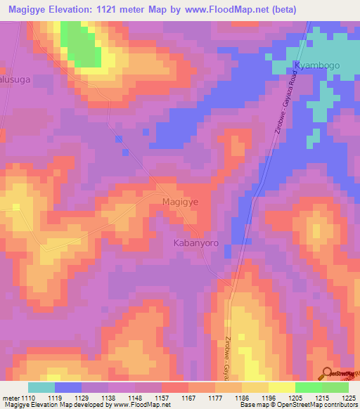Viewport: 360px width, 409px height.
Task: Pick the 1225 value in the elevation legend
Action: (x=348, y=397)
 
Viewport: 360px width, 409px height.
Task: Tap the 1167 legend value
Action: (x=188, y=397)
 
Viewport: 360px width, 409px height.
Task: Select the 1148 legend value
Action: (x=134, y=397)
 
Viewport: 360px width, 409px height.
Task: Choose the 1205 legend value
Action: (x=295, y=397)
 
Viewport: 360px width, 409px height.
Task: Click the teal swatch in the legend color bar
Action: (x=41, y=387)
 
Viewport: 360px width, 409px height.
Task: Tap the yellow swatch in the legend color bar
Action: (x=281, y=387)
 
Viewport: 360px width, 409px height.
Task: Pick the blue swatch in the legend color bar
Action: (x=68, y=387)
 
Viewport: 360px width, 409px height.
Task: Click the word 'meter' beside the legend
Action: (x=11, y=397)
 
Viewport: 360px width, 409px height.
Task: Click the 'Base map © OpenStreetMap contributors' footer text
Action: (x=298, y=405)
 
